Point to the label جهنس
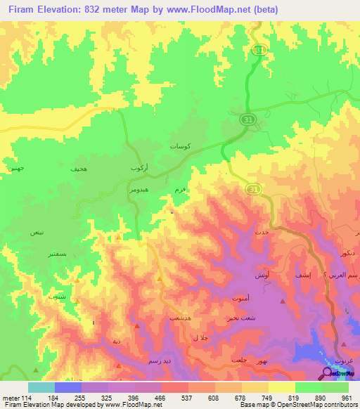coord(16,169)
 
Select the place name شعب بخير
coord(250,317)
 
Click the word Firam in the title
coord(21,10)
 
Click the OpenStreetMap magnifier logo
coord(328,373)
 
